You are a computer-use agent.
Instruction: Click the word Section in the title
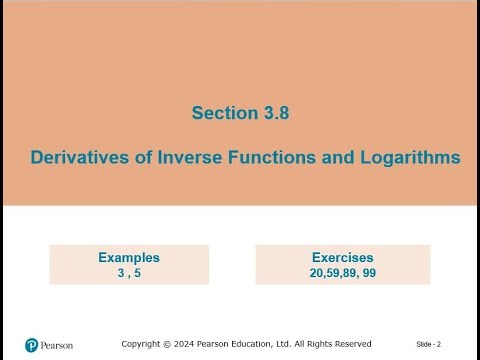point(224,114)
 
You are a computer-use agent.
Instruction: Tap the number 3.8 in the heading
point(274,114)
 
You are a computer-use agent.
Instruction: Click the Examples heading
point(129,257)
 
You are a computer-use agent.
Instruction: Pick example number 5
point(138,272)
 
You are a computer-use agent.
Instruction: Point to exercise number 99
point(370,272)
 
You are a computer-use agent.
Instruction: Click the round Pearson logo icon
point(31,345)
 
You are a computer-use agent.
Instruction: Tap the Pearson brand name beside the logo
point(58,345)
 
